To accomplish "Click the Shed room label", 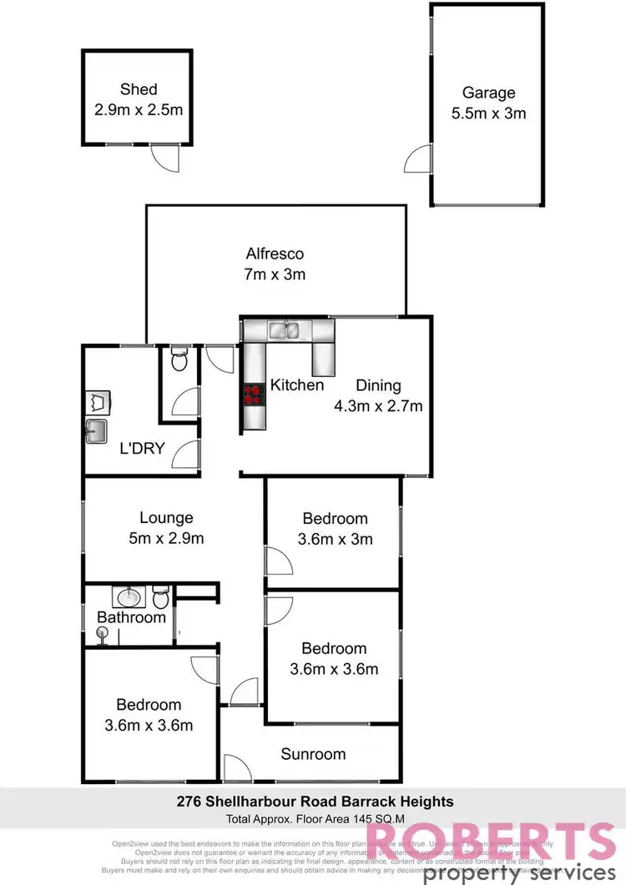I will pyautogui.click(x=138, y=90).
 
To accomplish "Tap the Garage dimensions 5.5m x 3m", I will pyautogui.click(x=488, y=113).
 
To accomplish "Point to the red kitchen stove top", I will pyautogui.click(x=252, y=394).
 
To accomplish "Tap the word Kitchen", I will pyautogui.click(x=296, y=385).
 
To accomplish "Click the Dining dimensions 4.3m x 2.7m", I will pyautogui.click(x=389, y=407).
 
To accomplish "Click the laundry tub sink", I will pyautogui.click(x=98, y=431).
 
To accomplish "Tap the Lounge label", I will pyautogui.click(x=165, y=518).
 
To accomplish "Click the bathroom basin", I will pyautogui.click(x=129, y=597).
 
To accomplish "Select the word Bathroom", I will pyautogui.click(x=131, y=618).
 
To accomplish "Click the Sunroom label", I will pyautogui.click(x=313, y=754).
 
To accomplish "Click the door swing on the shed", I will pyautogui.click(x=162, y=158).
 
